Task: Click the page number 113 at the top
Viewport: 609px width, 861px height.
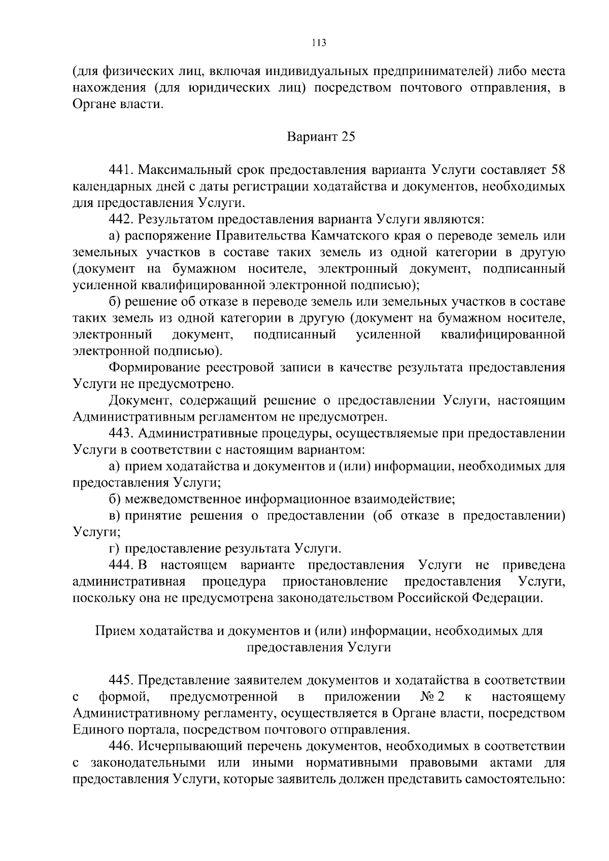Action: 318,43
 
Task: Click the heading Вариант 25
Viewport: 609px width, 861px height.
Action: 321,137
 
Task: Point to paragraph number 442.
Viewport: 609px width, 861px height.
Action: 121,219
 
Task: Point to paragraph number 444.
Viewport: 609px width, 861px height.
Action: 121,565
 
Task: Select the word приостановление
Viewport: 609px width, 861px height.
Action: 335,581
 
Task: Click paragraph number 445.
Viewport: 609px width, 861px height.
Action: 121,680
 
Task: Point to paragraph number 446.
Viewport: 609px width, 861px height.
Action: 121,746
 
